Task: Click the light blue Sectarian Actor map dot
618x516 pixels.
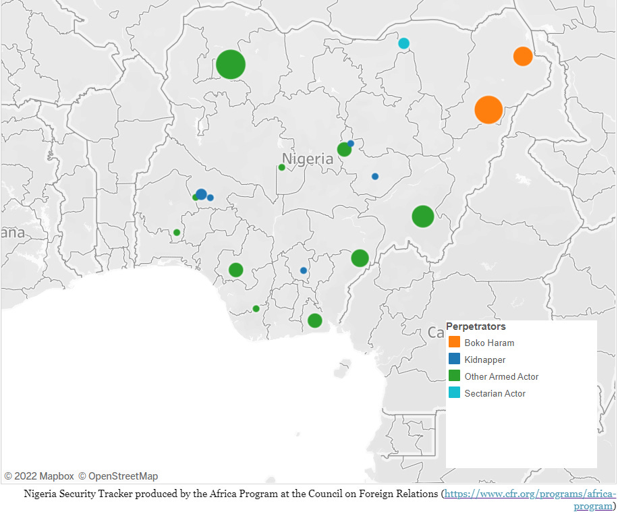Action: [x=403, y=44]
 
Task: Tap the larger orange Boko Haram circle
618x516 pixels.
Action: [x=488, y=109]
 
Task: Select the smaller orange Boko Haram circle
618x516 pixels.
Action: [x=523, y=56]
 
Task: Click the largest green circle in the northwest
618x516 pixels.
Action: [x=231, y=65]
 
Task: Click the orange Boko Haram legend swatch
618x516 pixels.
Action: [x=454, y=343]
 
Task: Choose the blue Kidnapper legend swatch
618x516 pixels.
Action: [x=454, y=360]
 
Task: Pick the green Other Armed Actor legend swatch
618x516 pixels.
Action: [x=454, y=376]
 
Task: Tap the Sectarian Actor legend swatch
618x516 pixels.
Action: [x=454, y=393]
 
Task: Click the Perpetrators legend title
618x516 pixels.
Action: [x=476, y=326]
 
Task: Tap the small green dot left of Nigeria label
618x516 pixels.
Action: [x=282, y=167]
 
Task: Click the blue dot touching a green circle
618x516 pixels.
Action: [x=351, y=143]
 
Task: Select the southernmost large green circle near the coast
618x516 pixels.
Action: [x=314, y=320]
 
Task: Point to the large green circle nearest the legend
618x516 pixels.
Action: [x=422, y=217]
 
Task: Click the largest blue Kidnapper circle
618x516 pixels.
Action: [x=201, y=194]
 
